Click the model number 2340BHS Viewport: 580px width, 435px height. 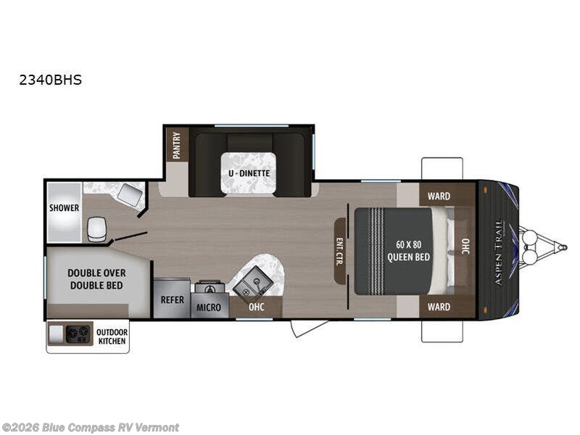point(51,80)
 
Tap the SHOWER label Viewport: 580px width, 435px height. point(64,208)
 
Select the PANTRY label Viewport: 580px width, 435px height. point(176,144)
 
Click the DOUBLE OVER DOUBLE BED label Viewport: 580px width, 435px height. point(96,279)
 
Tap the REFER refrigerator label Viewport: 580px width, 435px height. point(172,299)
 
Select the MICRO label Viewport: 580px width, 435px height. point(209,307)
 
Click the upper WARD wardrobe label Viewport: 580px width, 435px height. point(439,196)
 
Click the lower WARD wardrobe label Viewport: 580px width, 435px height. point(439,307)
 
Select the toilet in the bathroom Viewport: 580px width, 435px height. point(96,228)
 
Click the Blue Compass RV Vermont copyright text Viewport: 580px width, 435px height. point(91,427)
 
